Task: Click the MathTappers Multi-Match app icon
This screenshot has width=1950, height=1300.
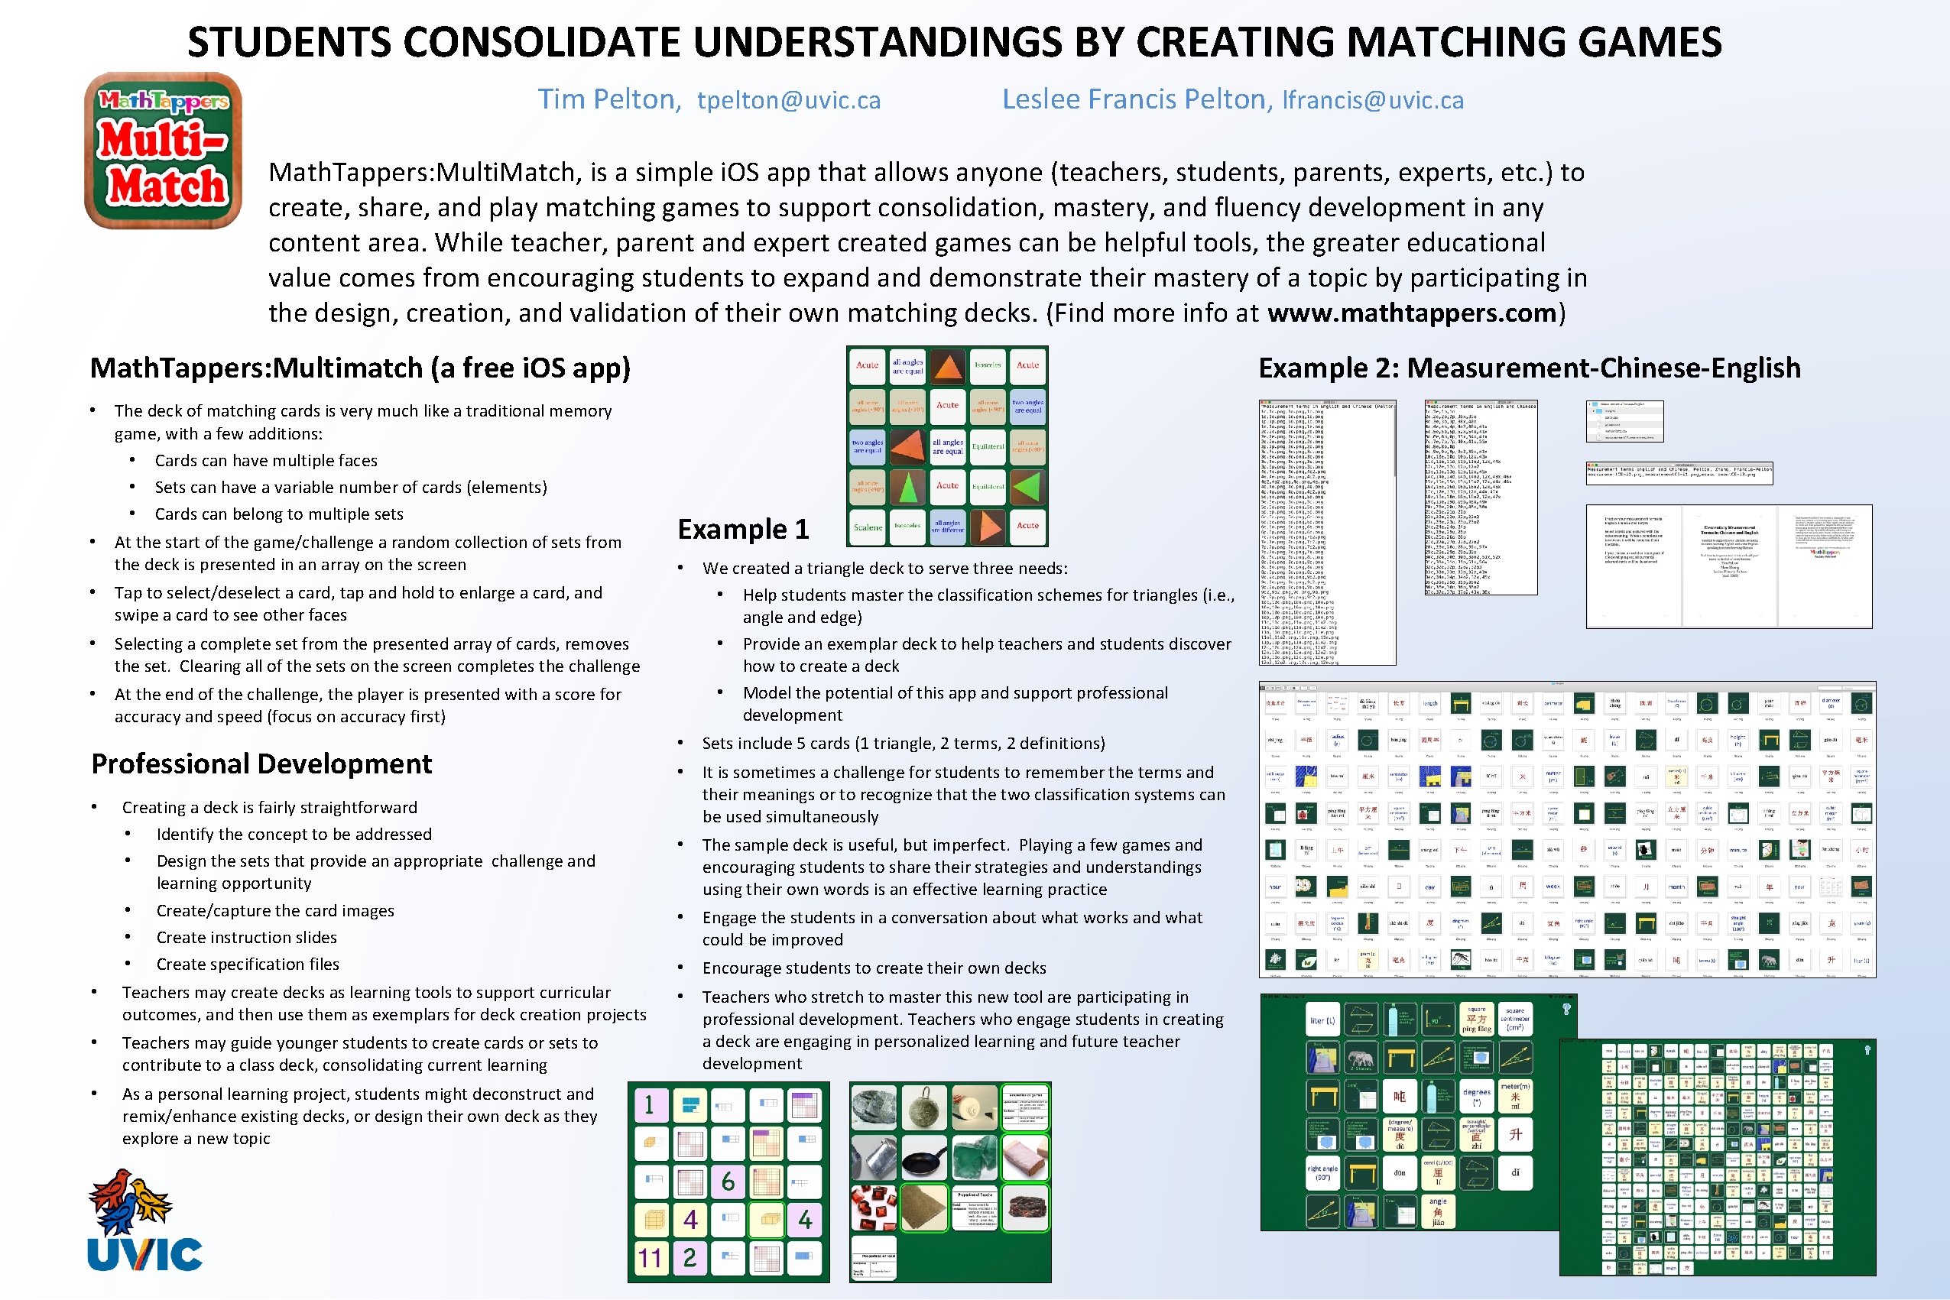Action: pos(163,150)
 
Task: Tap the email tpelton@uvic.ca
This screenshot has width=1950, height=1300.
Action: pos(788,100)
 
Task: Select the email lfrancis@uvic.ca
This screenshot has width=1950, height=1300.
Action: pos(1372,100)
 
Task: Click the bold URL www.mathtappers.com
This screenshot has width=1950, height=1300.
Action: pos(1411,313)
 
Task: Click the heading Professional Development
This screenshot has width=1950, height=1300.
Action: pos(261,763)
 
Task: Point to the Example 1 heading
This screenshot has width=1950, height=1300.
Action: pos(743,529)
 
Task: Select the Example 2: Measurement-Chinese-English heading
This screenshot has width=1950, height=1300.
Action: pos(1529,368)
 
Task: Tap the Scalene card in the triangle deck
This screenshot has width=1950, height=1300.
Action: pos(868,527)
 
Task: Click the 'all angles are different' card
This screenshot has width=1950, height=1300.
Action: pos(947,527)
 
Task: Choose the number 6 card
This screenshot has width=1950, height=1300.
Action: pos(728,1182)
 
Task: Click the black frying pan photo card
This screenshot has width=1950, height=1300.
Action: pos(923,1157)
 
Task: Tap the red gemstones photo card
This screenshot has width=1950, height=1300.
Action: pos(873,1208)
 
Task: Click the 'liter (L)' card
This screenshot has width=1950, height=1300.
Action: pos(1322,1020)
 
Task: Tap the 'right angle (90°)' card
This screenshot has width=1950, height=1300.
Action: pos(1322,1173)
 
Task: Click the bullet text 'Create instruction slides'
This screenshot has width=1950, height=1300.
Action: pos(246,938)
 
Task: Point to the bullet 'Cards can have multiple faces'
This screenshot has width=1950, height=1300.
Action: pos(265,461)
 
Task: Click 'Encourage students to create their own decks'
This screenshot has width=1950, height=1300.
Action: pos(874,968)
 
